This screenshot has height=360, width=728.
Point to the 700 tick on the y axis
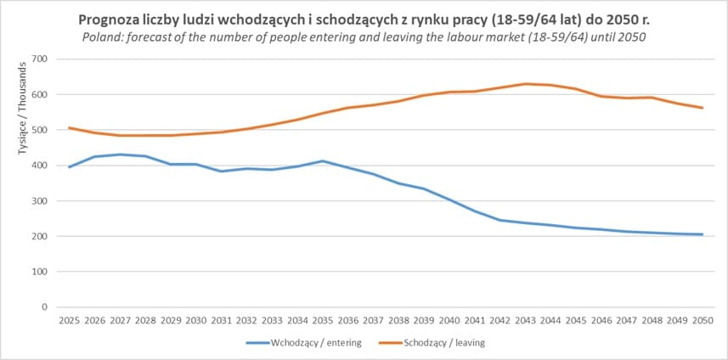(39, 59)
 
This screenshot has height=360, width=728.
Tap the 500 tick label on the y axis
(39, 130)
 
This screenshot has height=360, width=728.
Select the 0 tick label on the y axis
(44, 307)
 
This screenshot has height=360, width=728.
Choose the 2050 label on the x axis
(703, 321)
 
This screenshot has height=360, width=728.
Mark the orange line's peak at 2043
(528, 84)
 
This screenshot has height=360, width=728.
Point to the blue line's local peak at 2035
(322, 160)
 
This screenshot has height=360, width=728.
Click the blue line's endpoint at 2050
(703, 234)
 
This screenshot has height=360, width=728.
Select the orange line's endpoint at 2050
(703, 108)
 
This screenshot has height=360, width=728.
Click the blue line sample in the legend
(257, 343)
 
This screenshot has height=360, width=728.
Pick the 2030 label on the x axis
(195, 321)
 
